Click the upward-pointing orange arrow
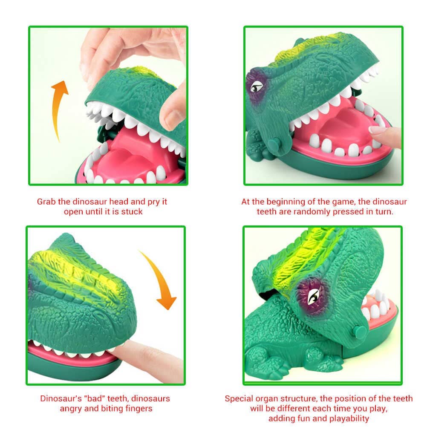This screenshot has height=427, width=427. point(57,106)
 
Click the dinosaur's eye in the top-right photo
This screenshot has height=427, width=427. point(257,87)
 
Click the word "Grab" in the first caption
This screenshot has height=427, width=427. point(46,202)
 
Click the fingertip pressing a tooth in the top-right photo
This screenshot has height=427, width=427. point(378,131)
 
